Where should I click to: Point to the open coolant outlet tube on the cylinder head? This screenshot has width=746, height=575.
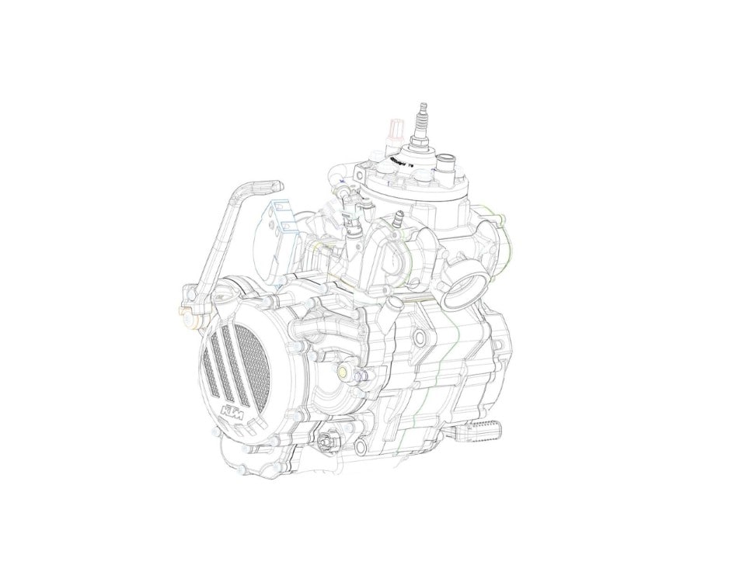pos(446,164)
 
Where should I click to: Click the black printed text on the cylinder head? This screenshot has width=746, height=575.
pos(398,161)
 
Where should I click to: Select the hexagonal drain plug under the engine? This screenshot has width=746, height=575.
pos(324,440)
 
